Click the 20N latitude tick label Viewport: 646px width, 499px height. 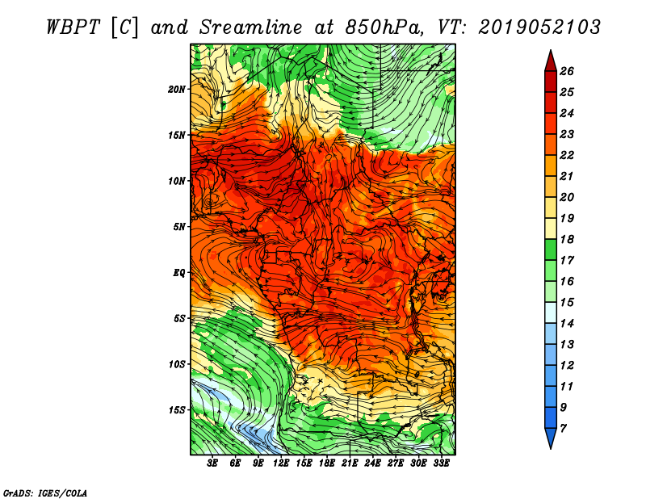(177, 90)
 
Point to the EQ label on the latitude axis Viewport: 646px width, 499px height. (179, 273)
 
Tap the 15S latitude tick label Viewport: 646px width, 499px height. (177, 410)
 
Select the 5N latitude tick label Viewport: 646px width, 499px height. (179, 227)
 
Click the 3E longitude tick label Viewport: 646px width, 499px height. (212, 463)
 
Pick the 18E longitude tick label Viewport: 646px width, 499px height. (327, 463)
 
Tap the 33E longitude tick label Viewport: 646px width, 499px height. (441, 463)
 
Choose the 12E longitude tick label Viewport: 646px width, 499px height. (281, 463)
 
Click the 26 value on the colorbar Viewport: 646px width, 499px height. (567, 71)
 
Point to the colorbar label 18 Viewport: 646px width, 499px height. (567, 239)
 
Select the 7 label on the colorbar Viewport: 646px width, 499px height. (563, 429)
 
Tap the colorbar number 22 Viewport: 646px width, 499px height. (567, 155)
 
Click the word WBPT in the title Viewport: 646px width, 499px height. (73, 27)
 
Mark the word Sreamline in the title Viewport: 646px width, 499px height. (251, 27)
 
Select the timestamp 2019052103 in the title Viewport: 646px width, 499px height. (539, 27)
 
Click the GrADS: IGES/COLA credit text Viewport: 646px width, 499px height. (45, 493)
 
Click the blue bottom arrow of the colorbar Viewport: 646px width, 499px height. (551, 438)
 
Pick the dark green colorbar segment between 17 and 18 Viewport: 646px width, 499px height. (551, 249)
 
